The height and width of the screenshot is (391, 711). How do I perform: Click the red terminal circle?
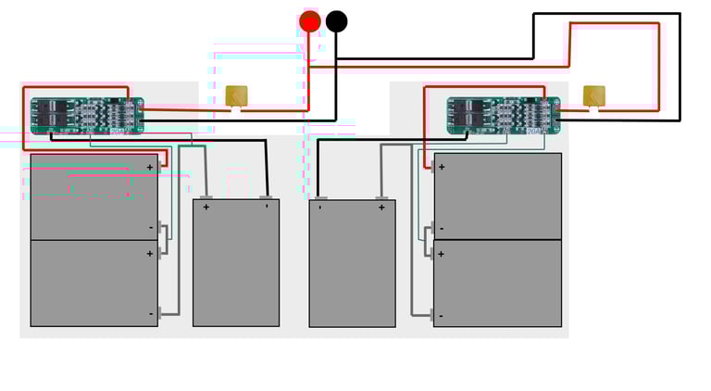click(310, 20)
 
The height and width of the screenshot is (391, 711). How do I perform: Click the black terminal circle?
click(337, 20)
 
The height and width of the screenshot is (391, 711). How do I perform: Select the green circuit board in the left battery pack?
click(87, 115)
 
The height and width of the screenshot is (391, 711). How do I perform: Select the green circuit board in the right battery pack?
click(504, 115)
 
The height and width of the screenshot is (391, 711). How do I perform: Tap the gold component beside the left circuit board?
click(237, 96)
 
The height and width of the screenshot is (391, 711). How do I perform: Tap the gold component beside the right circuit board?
click(593, 96)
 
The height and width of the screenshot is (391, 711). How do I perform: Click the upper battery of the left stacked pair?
click(94, 196)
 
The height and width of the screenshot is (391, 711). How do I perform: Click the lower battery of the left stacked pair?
click(94, 283)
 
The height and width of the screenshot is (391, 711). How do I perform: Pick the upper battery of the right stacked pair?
click(497, 196)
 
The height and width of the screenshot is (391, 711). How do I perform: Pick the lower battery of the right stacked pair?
click(497, 283)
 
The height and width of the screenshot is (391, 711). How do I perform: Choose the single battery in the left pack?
click(235, 262)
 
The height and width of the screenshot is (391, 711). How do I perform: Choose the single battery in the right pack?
click(352, 262)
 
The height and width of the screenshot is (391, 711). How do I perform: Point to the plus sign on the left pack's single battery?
click(206, 208)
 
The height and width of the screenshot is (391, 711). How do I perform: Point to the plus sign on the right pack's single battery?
click(380, 208)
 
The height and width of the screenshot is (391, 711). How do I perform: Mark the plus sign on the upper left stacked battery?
click(149, 168)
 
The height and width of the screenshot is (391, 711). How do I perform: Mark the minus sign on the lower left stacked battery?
click(150, 314)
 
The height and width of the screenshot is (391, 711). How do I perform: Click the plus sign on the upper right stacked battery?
click(442, 167)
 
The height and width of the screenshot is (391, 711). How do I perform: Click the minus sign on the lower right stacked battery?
click(441, 316)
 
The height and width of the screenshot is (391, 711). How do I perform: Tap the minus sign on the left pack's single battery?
click(266, 206)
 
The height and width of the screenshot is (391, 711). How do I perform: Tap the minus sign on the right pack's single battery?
click(320, 207)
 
